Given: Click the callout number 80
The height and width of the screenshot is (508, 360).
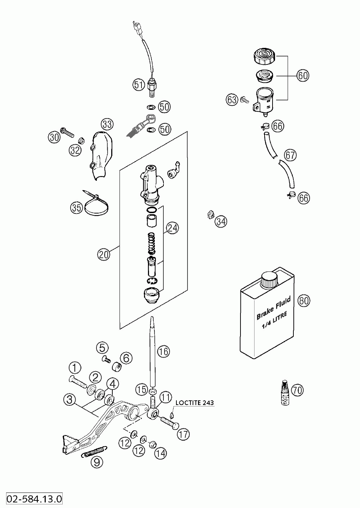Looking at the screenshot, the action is pos(304,301).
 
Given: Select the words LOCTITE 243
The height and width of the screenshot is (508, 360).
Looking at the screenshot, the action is pos(194,403).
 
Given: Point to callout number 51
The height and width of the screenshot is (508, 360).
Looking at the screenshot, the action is pos(139,85).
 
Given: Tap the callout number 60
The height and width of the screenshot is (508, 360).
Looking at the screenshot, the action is pos(303,75).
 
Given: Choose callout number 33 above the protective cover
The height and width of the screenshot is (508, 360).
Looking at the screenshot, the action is pos(107,124).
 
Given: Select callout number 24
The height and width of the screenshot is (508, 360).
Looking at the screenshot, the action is pos(172,228).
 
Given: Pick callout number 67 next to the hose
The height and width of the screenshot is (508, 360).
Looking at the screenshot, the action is pos(291,155).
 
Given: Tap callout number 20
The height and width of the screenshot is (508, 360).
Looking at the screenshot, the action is pos(104,254).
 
